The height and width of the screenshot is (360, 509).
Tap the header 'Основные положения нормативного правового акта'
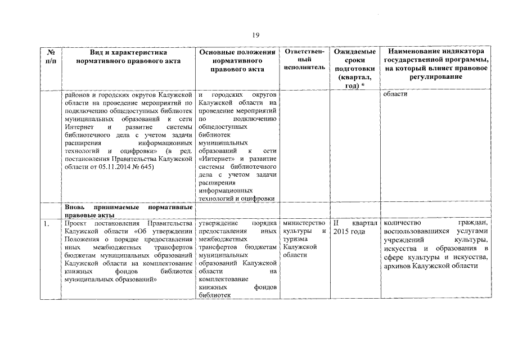237,61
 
